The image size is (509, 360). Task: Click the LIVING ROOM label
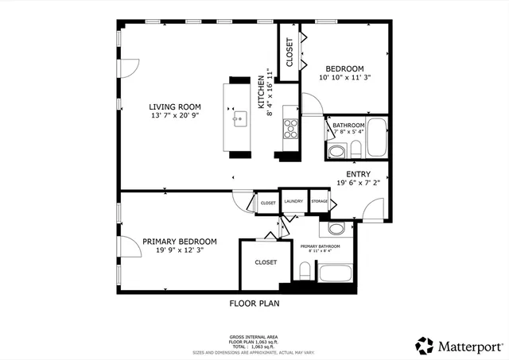pos(174,106)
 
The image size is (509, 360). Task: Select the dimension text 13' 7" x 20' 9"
pos(174,116)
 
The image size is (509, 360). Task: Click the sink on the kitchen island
pos(239,120)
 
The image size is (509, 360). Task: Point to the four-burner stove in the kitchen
pos(290,127)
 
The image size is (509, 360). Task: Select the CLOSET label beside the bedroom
pos(289,52)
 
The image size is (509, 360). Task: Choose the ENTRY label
pos(357,173)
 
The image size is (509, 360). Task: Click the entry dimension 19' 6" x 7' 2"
pos(357,182)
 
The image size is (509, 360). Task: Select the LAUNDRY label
pos(292,203)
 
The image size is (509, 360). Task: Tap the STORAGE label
pos(319,203)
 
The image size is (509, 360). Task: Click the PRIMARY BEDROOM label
pos(179,242)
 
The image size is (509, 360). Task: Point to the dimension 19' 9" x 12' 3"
pos(179,251)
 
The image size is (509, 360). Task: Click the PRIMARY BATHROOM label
pos(320,246)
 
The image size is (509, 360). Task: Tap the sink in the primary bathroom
pos(336,229)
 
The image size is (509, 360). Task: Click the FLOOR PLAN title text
pos(254,303)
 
